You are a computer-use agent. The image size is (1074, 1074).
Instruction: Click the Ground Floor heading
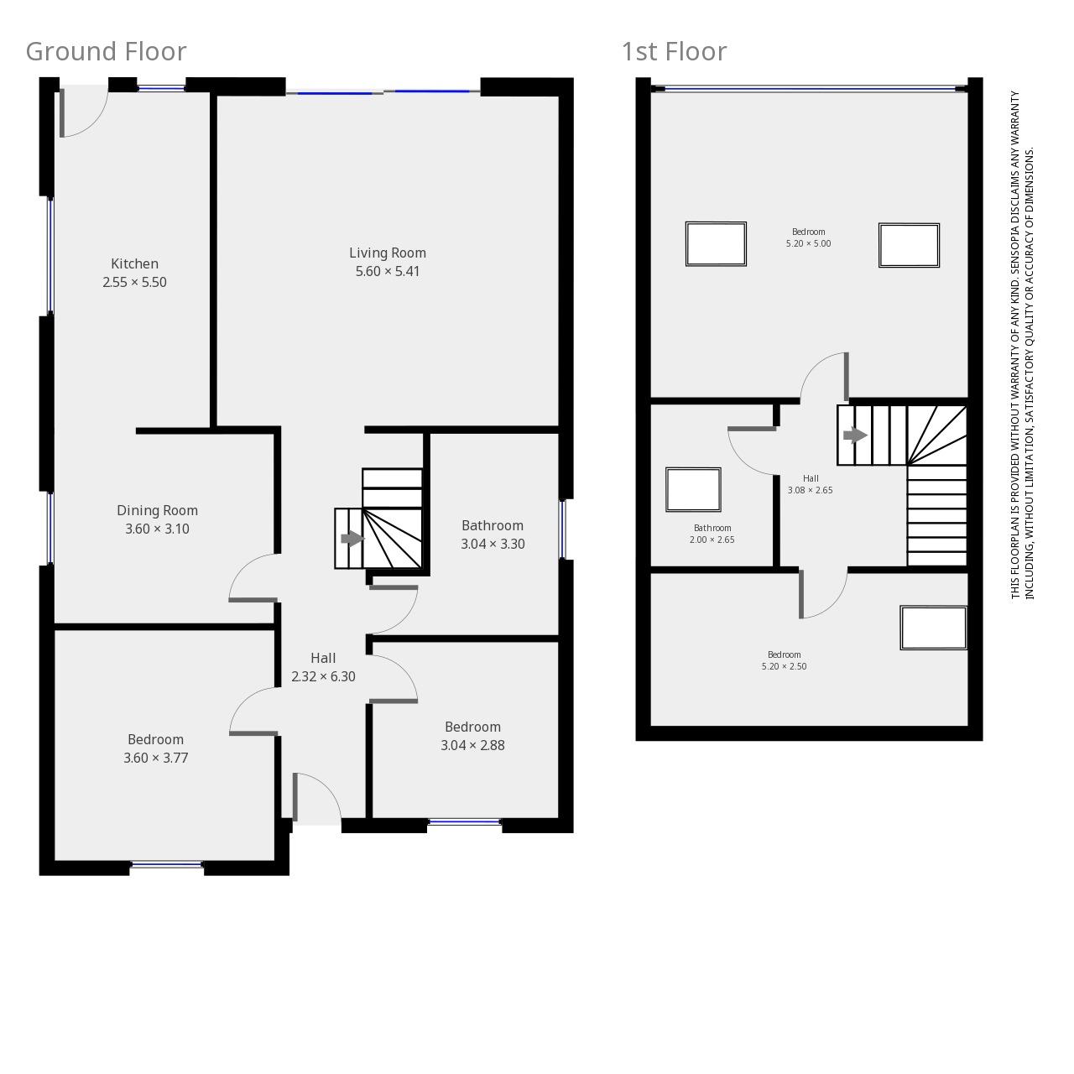(106, 52)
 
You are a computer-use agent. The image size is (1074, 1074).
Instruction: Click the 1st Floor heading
(674, 52)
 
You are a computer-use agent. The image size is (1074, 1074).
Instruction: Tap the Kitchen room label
(134, 263)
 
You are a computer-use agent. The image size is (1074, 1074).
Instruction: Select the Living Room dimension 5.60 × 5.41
(388, 271)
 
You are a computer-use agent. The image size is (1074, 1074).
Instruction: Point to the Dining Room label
(157, 510)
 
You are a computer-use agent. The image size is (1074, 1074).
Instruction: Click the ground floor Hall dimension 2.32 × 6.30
(323, 676)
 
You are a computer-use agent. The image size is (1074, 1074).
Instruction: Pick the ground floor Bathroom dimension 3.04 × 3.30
(493, 544)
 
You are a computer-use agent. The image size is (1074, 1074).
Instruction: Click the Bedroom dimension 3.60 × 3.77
(155, 758)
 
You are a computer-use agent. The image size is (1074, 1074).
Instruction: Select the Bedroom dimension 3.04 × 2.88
(472, 745)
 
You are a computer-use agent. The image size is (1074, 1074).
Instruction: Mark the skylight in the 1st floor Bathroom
(693, 489)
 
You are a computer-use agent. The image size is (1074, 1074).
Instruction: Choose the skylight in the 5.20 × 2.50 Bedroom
(933, 628)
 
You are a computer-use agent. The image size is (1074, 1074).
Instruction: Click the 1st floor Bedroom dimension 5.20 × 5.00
(808, 243)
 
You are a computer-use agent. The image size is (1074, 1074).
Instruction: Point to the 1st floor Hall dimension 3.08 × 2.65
(810, 490)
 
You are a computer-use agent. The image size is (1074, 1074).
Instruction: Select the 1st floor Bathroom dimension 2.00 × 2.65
(712, 540)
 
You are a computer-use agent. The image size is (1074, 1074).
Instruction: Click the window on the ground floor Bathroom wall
(563, 529)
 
